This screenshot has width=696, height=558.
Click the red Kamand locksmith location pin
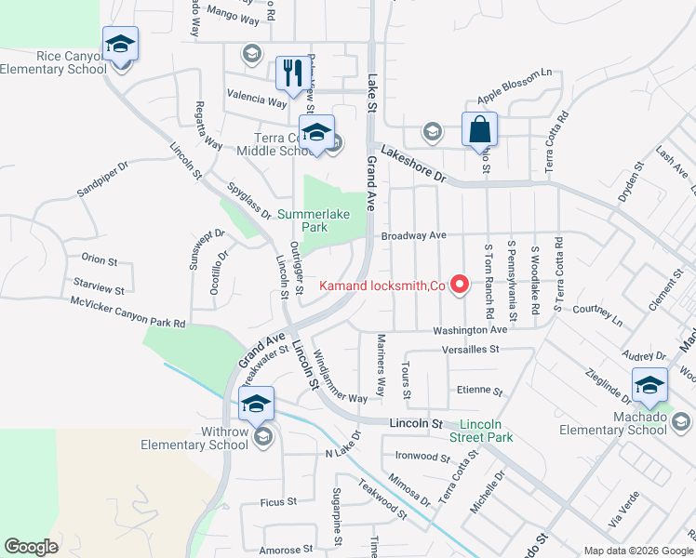(459, 285)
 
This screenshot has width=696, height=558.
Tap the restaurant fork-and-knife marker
(294, 73)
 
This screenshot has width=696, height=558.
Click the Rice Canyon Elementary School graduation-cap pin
(120, 45)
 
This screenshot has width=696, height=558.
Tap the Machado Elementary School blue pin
(650, 385)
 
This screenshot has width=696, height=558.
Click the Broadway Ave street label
(414, 235)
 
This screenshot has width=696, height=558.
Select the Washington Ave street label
(469, 330)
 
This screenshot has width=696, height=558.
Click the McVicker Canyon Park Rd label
(128, 312)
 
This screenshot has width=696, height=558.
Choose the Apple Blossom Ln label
(515, 85)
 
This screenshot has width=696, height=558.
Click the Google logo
(31, 547)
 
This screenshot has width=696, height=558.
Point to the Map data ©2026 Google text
(637, 551)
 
